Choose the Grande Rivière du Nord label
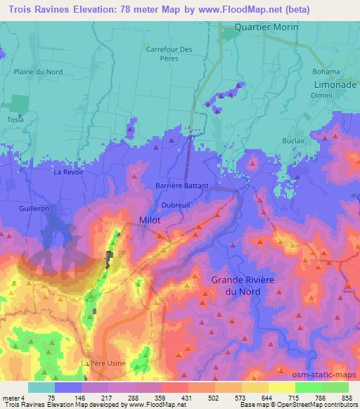244,285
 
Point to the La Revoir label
67,171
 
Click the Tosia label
15,119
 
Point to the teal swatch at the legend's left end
41,387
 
